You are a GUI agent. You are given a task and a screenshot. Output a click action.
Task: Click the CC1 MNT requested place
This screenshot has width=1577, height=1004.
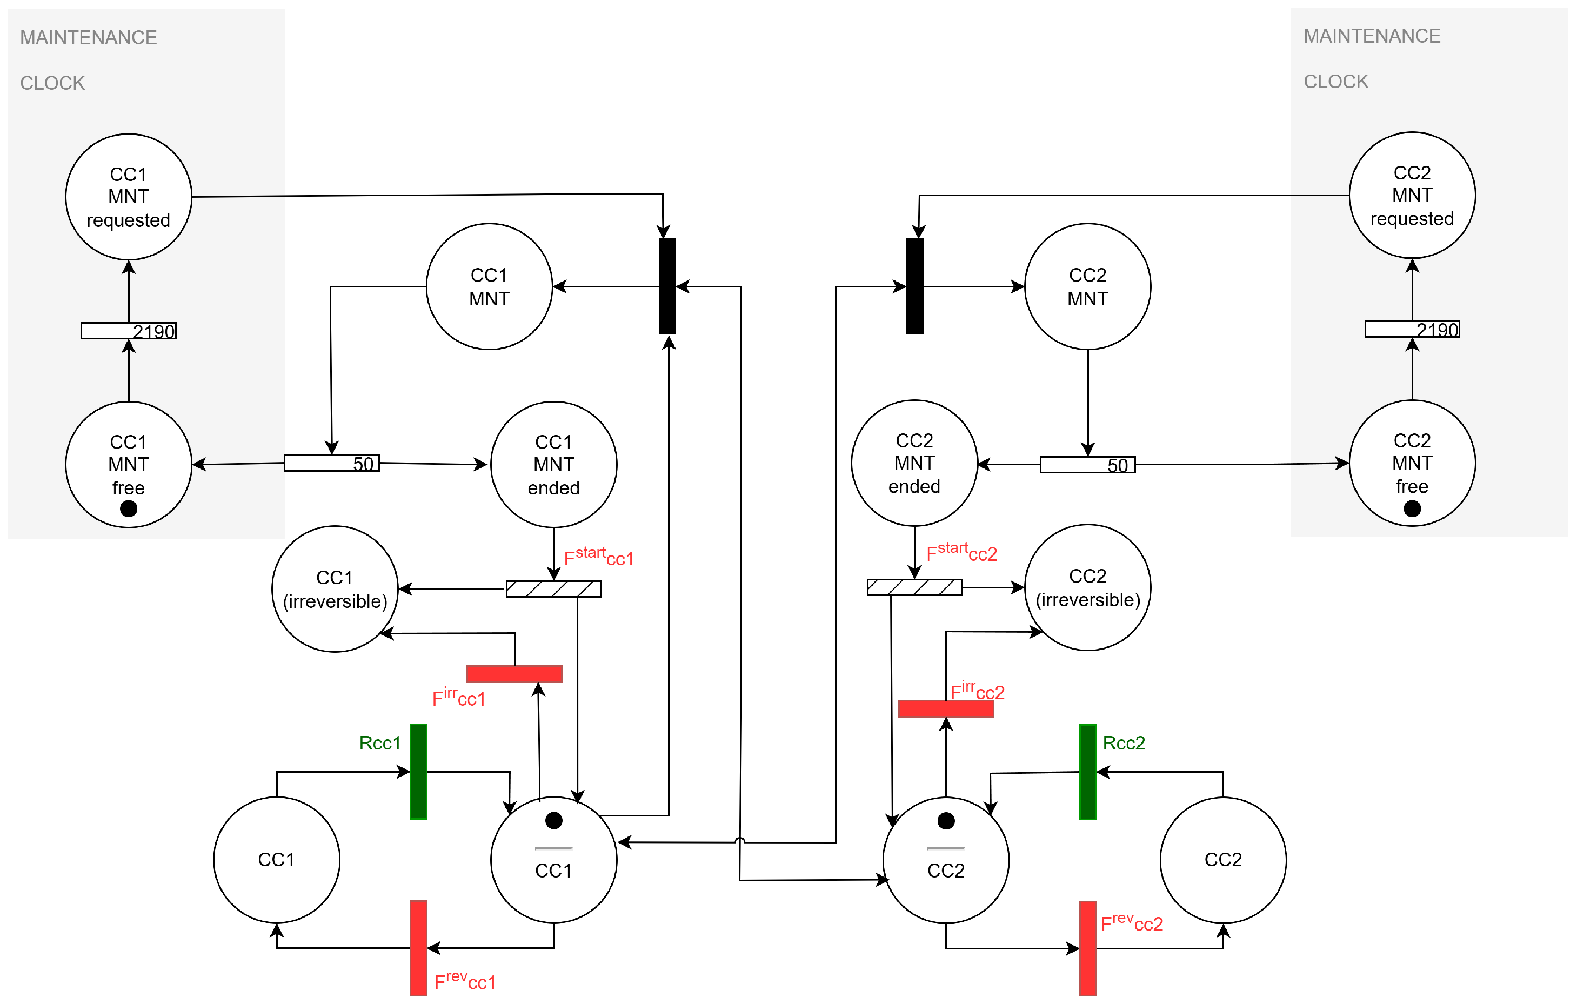(x=129, y=197)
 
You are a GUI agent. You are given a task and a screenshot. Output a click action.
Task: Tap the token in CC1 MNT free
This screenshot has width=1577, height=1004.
(x=129, y=508)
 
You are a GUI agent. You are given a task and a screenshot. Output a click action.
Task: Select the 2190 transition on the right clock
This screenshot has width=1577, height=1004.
(x=1412, y=330)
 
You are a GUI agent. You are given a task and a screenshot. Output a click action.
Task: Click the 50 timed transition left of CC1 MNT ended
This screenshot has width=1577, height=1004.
(x=331, y=463)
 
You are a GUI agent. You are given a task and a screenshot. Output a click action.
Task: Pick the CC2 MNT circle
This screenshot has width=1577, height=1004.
(x=1087, y=286)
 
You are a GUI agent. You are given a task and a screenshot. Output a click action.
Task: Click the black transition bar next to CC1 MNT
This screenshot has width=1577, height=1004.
(x=667, y=286)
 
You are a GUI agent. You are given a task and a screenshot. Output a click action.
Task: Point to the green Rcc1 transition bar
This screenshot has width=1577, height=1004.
(x=418, y=772)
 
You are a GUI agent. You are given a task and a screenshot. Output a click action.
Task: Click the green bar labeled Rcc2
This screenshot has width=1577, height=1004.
(x=1087, y=772)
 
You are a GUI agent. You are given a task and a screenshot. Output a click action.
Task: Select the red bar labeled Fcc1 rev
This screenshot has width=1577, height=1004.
(x=418, y=948)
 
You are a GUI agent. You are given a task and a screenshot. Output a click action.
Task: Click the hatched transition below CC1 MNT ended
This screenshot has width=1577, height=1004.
(x=553, y=589)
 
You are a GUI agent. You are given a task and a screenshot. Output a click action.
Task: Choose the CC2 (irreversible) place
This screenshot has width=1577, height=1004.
(x=1087, y=587)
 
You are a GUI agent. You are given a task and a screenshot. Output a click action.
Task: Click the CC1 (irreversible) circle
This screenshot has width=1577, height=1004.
(x=335, y=589)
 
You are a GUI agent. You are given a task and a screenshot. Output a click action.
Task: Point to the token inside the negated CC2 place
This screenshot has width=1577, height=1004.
(x=946, y=821)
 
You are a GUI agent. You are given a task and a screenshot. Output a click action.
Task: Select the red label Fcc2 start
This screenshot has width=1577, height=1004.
(x=961, y=552)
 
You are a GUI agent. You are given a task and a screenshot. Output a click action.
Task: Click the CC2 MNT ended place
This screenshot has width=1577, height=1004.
(x=914, y=463)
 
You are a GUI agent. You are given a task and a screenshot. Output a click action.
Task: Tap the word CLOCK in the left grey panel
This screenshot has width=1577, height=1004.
(x=52, y=83)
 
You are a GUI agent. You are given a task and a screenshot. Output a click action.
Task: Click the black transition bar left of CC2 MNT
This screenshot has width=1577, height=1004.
(x=914, y=286)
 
